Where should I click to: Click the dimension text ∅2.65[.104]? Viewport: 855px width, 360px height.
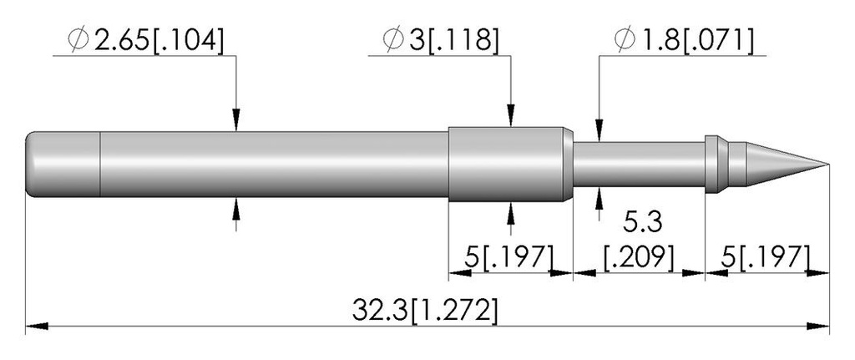coord(145,41)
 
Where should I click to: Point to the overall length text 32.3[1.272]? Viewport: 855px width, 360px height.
coord(425,311)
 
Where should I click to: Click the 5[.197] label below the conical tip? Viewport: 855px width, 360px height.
coord(766,256)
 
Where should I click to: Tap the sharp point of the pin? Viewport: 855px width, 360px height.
coord(828,165)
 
